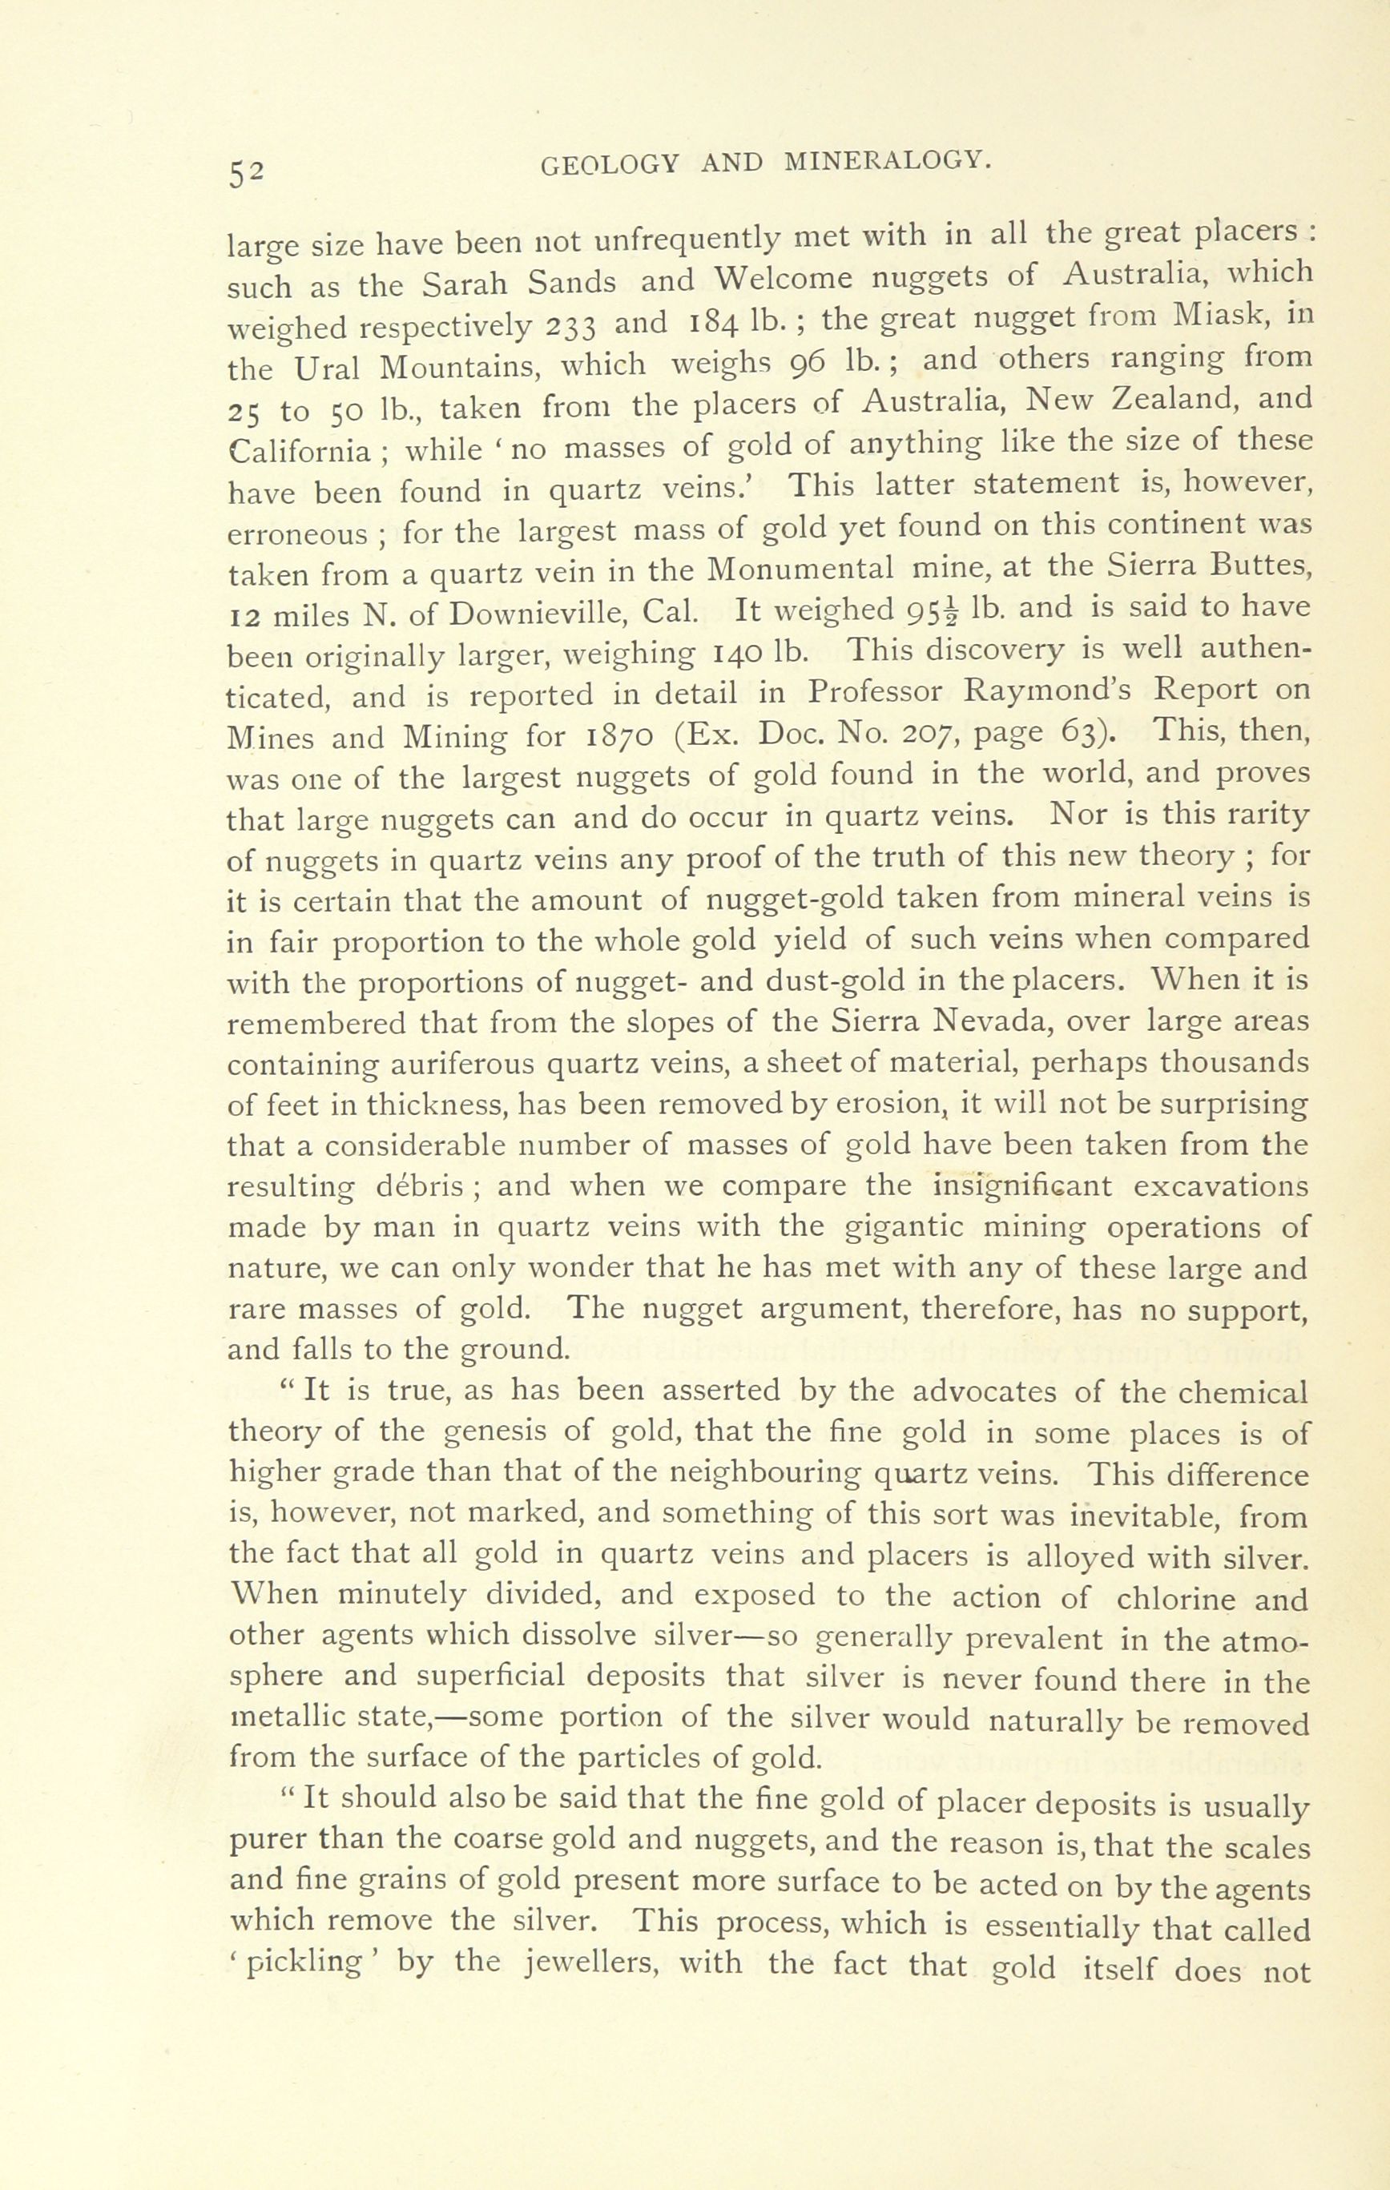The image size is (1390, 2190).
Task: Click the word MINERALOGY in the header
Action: [885, 162]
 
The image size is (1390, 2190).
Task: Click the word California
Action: [300, 449]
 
